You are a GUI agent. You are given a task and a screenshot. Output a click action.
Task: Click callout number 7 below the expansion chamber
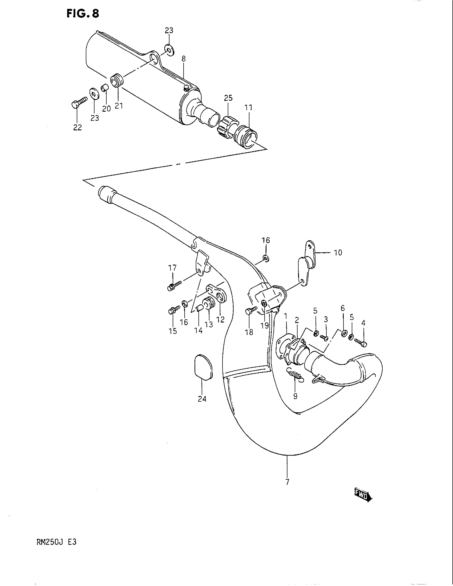(288, 482)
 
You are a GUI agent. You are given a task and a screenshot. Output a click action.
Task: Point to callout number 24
(202, 406)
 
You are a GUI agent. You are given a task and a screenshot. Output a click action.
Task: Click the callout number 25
(228, 98)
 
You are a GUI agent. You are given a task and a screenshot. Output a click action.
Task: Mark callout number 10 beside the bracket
(338, 253)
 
